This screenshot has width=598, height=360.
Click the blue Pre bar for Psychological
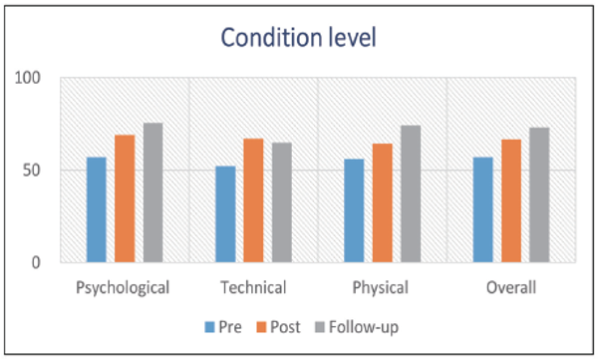pos(97,209)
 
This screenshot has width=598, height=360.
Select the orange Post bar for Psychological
pos(125,198)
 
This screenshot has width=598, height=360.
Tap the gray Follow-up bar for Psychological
pos(152,192)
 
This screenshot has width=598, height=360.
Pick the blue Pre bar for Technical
pos(225,214)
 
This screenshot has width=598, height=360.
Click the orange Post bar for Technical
pos(253,200)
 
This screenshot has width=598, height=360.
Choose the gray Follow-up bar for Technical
pos(282,202)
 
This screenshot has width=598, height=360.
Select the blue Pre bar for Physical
pos(354,210)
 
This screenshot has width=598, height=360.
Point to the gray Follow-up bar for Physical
pos(411,193)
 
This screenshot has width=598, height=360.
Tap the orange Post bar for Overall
pos(511,200)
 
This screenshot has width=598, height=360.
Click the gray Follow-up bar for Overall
pos(539,194)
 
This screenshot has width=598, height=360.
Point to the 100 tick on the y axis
pos(28,78)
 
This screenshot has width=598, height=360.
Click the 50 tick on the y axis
pos(31,171)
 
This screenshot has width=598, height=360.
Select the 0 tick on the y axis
pos(36,262)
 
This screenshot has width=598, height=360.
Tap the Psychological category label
pos(123,288)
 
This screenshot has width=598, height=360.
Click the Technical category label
pos(253,287)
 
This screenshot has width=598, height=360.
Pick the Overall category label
pos(511,287)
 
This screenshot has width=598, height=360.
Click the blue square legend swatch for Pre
pos(209,327)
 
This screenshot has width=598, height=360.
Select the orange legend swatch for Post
pos(261,327)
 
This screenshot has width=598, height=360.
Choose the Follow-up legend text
pos(364,327)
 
